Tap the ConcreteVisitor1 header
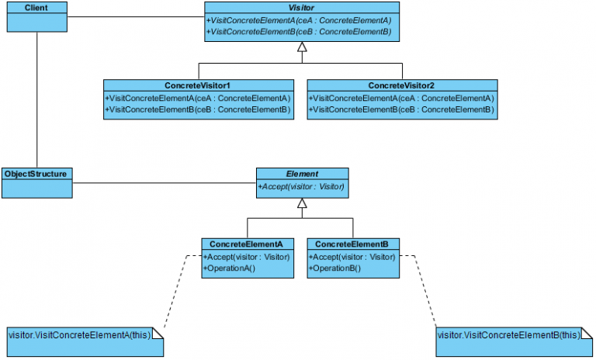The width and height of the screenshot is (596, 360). pos(198,85)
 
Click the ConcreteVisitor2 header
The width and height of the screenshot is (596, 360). pos(402,85)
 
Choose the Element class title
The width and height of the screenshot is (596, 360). pos(302,175)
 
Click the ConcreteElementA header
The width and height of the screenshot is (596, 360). pos(247,244)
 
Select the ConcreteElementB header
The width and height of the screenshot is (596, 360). pos(353,244)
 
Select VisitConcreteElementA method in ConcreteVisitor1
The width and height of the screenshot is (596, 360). pos(198,99)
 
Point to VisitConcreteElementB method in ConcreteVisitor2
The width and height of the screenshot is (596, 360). pos(402,110)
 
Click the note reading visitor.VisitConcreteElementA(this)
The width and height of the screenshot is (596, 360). pos(85,335)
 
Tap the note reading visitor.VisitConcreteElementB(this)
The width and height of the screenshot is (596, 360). pos(509,335)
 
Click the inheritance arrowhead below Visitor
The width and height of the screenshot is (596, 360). pos(303,47)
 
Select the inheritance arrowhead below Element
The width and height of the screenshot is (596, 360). pos(303,204)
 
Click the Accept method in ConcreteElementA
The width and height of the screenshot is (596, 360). pos(247,257)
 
